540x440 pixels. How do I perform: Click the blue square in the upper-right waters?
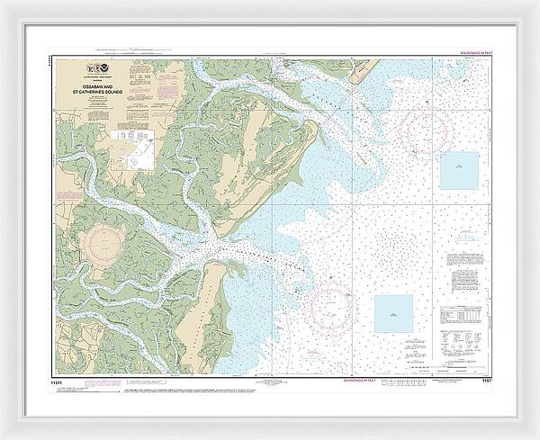[458, 170]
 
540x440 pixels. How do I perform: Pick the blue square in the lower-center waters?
[392, 314]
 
